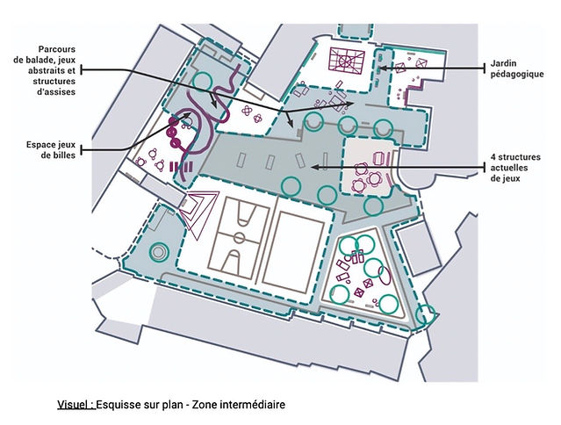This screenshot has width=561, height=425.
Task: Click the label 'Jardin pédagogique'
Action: [516, 68]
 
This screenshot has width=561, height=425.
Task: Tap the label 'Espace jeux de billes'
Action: [50, 149]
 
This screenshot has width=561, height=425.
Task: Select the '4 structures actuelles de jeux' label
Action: [515, 168]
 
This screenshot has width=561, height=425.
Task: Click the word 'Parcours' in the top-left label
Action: [57, 49]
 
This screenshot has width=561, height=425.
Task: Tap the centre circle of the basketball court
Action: [240, 237]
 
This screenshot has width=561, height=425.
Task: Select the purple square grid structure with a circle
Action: [347, 61]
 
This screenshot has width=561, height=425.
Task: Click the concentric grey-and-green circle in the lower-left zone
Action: [159, 252]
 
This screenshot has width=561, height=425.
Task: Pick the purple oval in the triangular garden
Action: [385, 275]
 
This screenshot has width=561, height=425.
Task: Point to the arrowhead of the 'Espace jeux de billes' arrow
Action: [188, 114]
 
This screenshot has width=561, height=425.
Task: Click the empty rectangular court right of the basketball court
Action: [293, 252]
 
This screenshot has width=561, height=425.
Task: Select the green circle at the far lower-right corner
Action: [426, 314]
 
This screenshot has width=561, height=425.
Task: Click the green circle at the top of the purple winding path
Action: [202, 81]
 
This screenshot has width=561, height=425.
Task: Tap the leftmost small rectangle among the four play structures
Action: [241, 161]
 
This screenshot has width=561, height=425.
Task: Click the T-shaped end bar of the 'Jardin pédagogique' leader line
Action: [485, 68]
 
